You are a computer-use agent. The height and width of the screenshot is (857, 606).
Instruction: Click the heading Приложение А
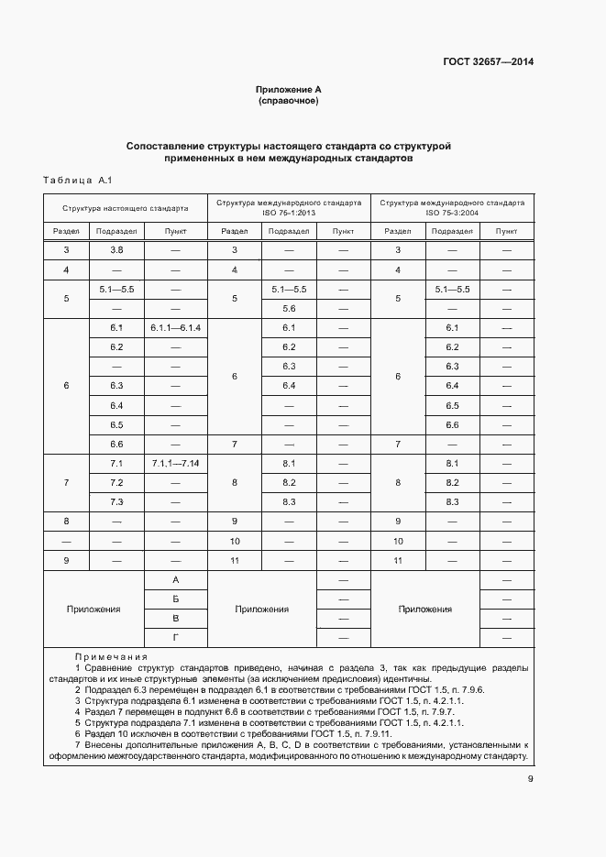tap(289, 89)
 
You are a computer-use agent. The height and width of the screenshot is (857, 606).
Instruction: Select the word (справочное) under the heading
tap(289, 101)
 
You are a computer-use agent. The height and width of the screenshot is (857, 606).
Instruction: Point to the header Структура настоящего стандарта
tap(126, 208)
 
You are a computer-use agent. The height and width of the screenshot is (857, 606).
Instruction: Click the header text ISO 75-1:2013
tap(289, 214)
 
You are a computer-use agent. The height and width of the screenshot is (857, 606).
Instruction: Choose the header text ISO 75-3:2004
tap(452, 214)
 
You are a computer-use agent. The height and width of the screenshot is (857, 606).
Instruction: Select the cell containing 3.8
tap(116, 249)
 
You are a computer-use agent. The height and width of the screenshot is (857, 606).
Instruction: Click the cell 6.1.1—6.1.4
tap(175, 327)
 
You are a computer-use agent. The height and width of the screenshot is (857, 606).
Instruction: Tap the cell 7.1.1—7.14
tap(175, 463)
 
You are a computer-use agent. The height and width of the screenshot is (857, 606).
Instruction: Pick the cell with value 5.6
tap(289, 308)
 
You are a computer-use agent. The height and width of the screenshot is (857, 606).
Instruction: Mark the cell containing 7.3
tap(116, 501)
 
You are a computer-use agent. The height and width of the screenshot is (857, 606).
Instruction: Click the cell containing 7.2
tap(116, 482)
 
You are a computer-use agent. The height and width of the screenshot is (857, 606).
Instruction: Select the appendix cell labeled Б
tap(175, 599)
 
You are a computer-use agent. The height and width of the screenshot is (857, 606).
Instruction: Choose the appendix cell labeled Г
tap(175, 637)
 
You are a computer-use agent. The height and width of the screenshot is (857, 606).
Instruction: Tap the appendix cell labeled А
tap(175, 580)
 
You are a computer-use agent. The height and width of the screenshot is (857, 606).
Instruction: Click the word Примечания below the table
tap(111, 656)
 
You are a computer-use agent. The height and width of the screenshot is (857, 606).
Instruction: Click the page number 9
tap(530, 779)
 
